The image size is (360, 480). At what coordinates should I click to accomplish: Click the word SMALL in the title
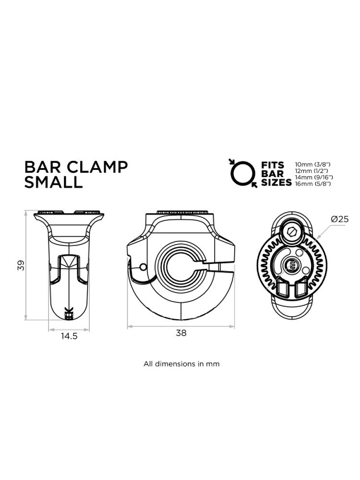tap(54, 182)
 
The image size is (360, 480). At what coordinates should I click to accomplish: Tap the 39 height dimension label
tap(21, 265)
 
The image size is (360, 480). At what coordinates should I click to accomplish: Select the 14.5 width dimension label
tap(69, 336)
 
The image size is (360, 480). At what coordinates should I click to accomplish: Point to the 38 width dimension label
tap(181, 333)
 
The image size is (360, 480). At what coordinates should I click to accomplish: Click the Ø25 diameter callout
tap(340, 219)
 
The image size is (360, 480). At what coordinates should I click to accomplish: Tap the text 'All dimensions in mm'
tap(181, 364)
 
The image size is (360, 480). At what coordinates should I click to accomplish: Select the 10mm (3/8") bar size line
tap(312, 165)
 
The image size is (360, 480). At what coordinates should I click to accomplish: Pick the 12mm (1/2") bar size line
tap(312, 171)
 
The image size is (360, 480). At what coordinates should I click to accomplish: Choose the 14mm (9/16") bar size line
tap(314, 177)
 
